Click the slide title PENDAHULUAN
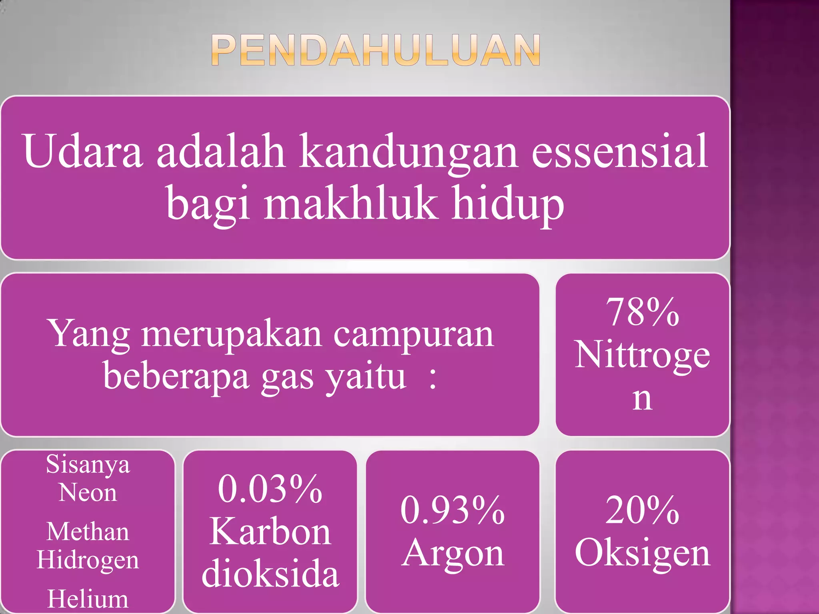(x=376, y=50)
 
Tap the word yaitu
(x=365, y=377)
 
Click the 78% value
(x=642, y=312)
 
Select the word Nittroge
(x=642, y=355)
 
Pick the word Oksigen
(x=642, y=553)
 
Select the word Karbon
(x=270, y=532)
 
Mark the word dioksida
(x=270, y=574)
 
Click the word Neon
(x=88, y=492)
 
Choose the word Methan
(x=88, y=532)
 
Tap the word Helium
(x=88, y=599)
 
